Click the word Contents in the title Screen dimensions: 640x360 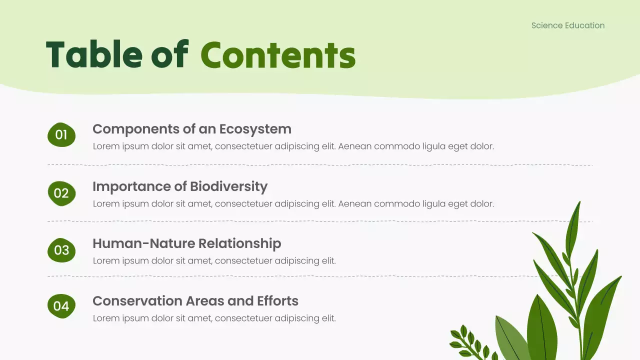(278, 55)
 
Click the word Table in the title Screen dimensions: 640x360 (94, 54)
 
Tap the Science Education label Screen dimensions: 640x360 (568, 25)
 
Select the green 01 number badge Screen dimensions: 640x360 (61, 135)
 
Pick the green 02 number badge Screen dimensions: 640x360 (61, 193)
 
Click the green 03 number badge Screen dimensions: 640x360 (61, 250)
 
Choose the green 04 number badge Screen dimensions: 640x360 (61, 306)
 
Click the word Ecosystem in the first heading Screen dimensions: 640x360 (255, 129)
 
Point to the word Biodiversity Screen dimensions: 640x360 (229, 187)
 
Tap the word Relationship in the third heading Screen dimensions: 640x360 (239, 243)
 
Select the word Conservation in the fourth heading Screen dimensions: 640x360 (137, 301)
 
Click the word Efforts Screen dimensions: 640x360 (277, 301)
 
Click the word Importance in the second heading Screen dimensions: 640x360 (131, 187)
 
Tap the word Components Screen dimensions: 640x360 (136, 129)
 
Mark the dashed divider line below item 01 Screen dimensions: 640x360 (320, 165)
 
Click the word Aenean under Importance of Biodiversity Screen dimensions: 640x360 (355, 203)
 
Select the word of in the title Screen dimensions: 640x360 (170, 54)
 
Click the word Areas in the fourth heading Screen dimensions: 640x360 (205, 301)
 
